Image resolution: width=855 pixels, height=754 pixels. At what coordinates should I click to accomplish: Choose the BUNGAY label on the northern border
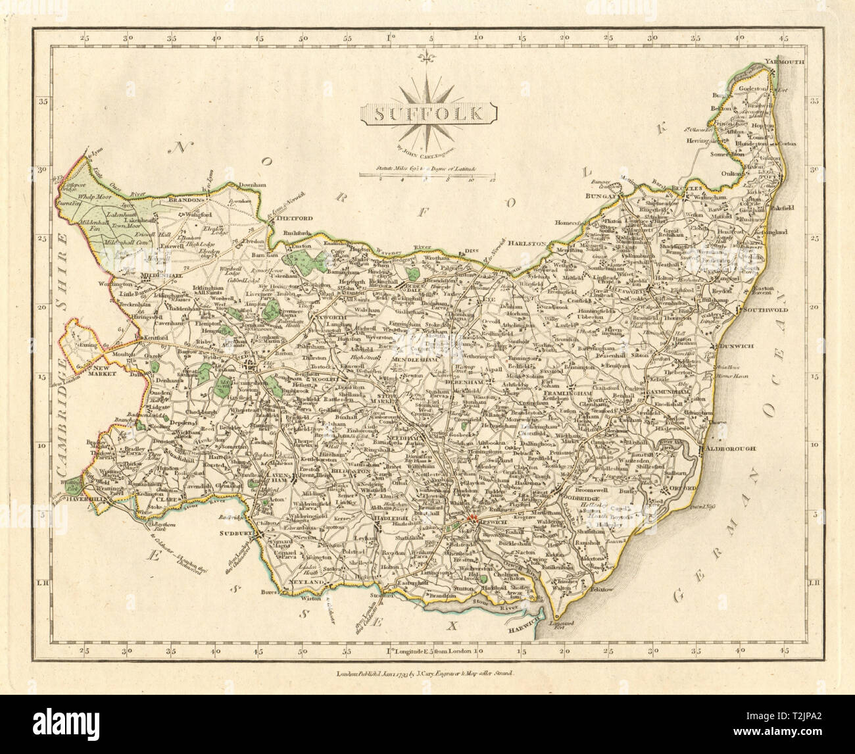pyautogui.click(x=602, y=196)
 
